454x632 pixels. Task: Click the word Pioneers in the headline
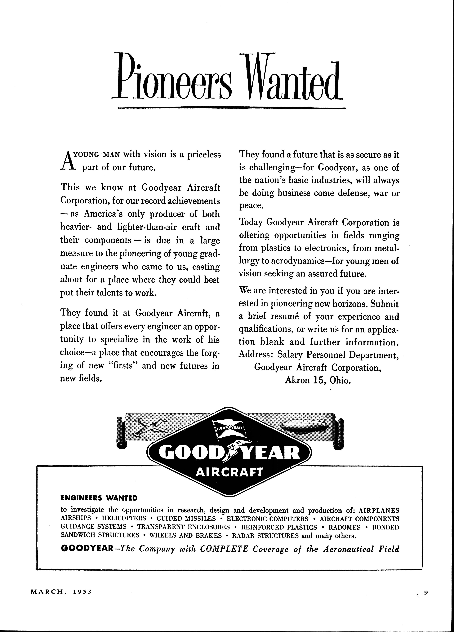pos(171,77)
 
